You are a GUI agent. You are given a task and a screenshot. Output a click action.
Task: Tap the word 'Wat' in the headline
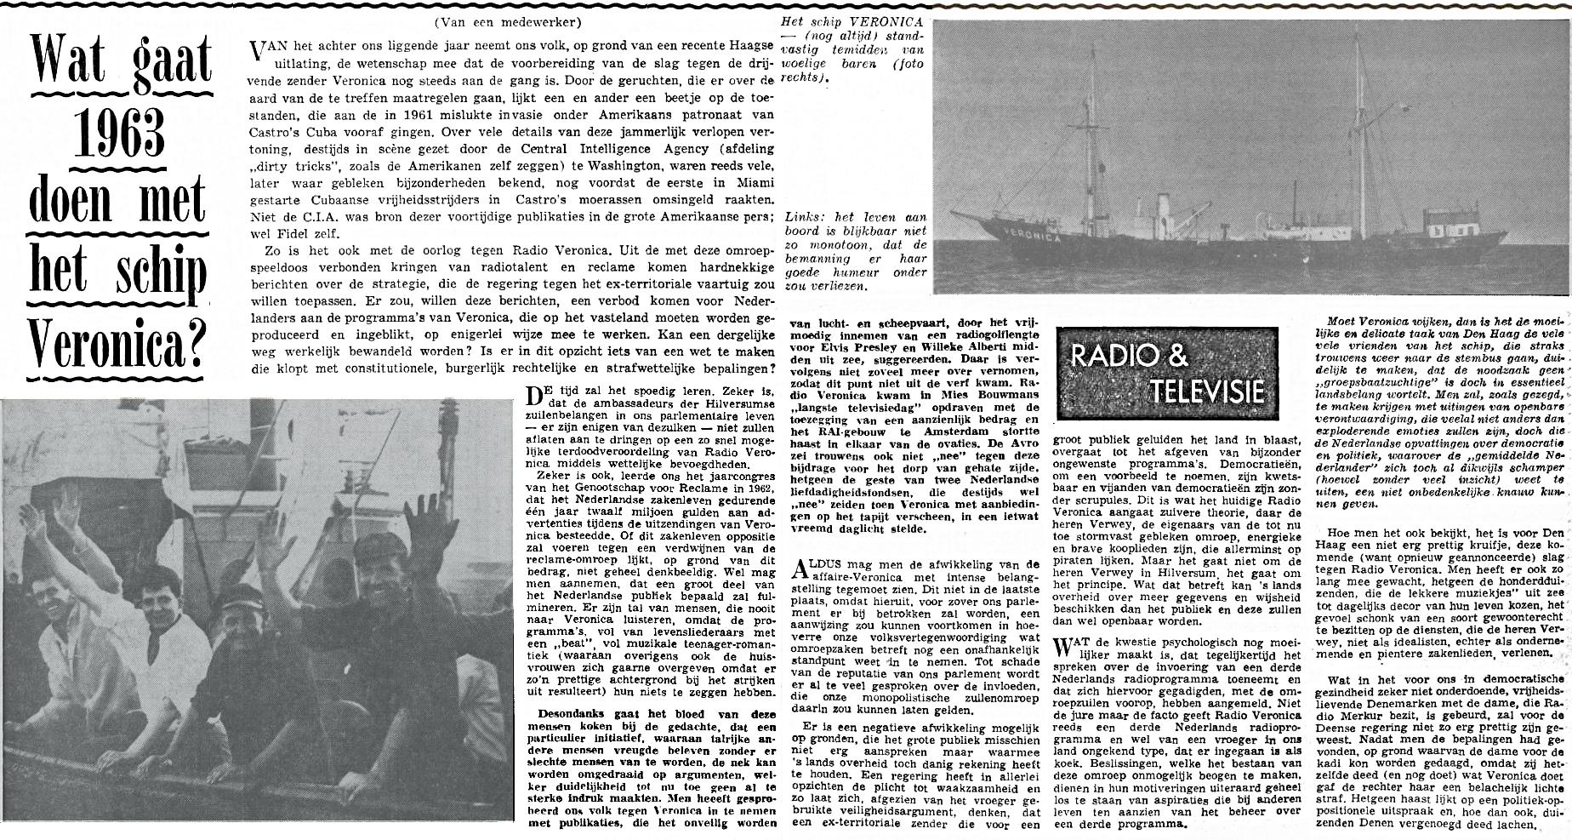70,60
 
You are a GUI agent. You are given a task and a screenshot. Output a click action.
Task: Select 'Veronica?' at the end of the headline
119,345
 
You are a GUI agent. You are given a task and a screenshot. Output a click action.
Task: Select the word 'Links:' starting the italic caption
806,218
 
